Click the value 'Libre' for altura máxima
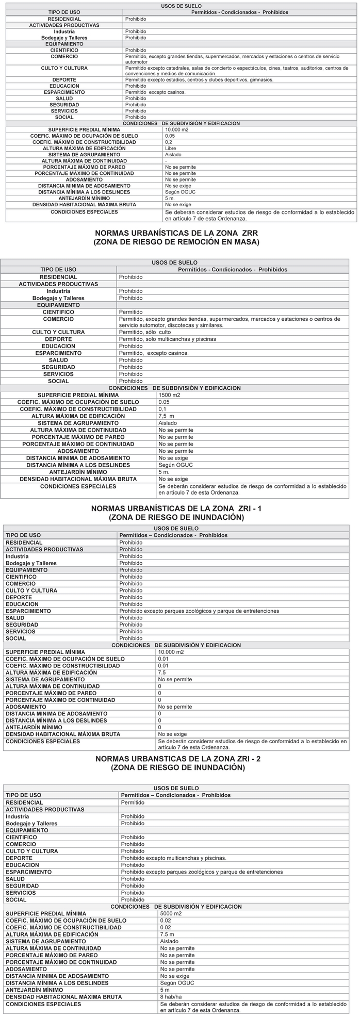170,149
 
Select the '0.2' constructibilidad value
169,142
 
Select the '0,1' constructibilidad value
162,409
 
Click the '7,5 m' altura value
166,416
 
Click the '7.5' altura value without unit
162,672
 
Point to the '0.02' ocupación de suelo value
166,921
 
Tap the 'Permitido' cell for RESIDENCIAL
133,802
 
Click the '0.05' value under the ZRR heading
164,402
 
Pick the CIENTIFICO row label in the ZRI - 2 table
21,837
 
